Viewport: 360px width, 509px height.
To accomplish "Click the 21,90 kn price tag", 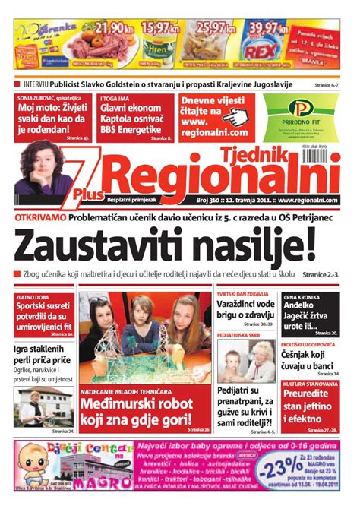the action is point(110,29).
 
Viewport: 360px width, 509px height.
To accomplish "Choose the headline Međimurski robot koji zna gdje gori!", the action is point(137,410).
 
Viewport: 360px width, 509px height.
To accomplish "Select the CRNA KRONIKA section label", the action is point(301,298).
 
